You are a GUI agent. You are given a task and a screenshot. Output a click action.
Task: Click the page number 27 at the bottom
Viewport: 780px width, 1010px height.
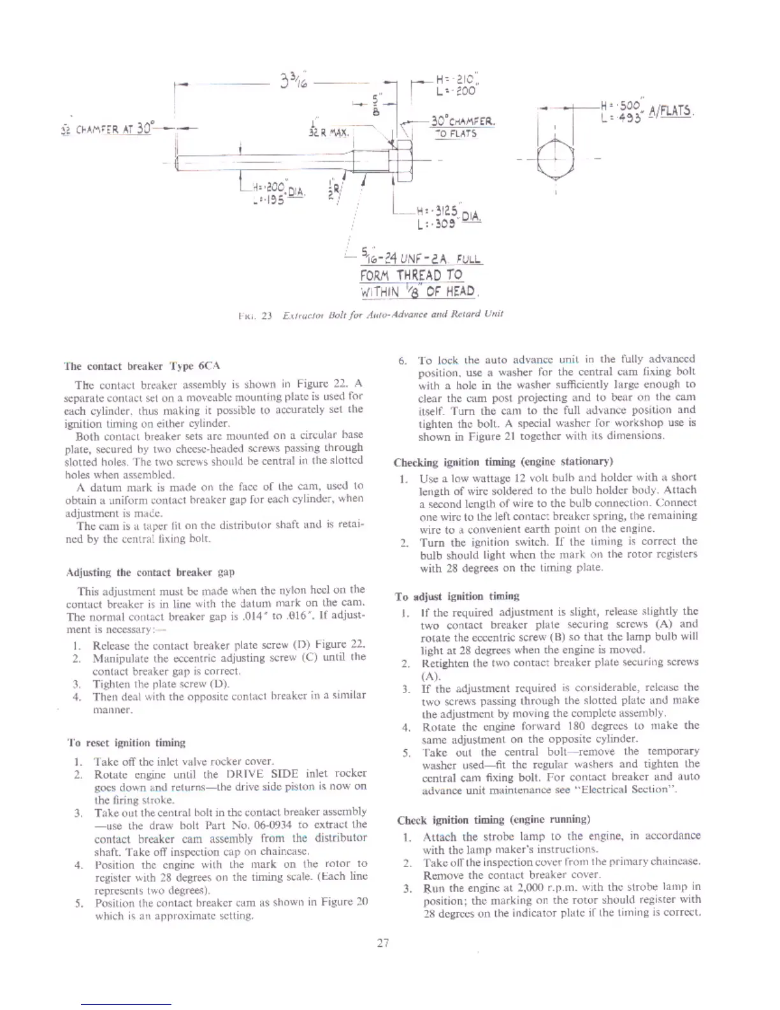point(382,942)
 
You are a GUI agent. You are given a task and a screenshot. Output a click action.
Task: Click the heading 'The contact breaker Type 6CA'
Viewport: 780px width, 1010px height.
point(142,366)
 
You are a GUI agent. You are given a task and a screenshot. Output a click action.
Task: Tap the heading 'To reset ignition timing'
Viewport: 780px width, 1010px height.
point(126,743)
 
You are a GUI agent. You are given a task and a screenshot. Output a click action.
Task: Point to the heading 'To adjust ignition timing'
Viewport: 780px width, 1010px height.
point(457,596)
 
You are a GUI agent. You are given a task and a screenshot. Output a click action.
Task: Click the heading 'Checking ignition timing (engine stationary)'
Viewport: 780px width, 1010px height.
point(503,462)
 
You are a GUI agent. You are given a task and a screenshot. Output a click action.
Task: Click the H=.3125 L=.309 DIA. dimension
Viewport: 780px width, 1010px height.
point(448,217)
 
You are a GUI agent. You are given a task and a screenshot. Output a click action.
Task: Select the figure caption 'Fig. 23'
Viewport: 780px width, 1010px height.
point(370,314)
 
